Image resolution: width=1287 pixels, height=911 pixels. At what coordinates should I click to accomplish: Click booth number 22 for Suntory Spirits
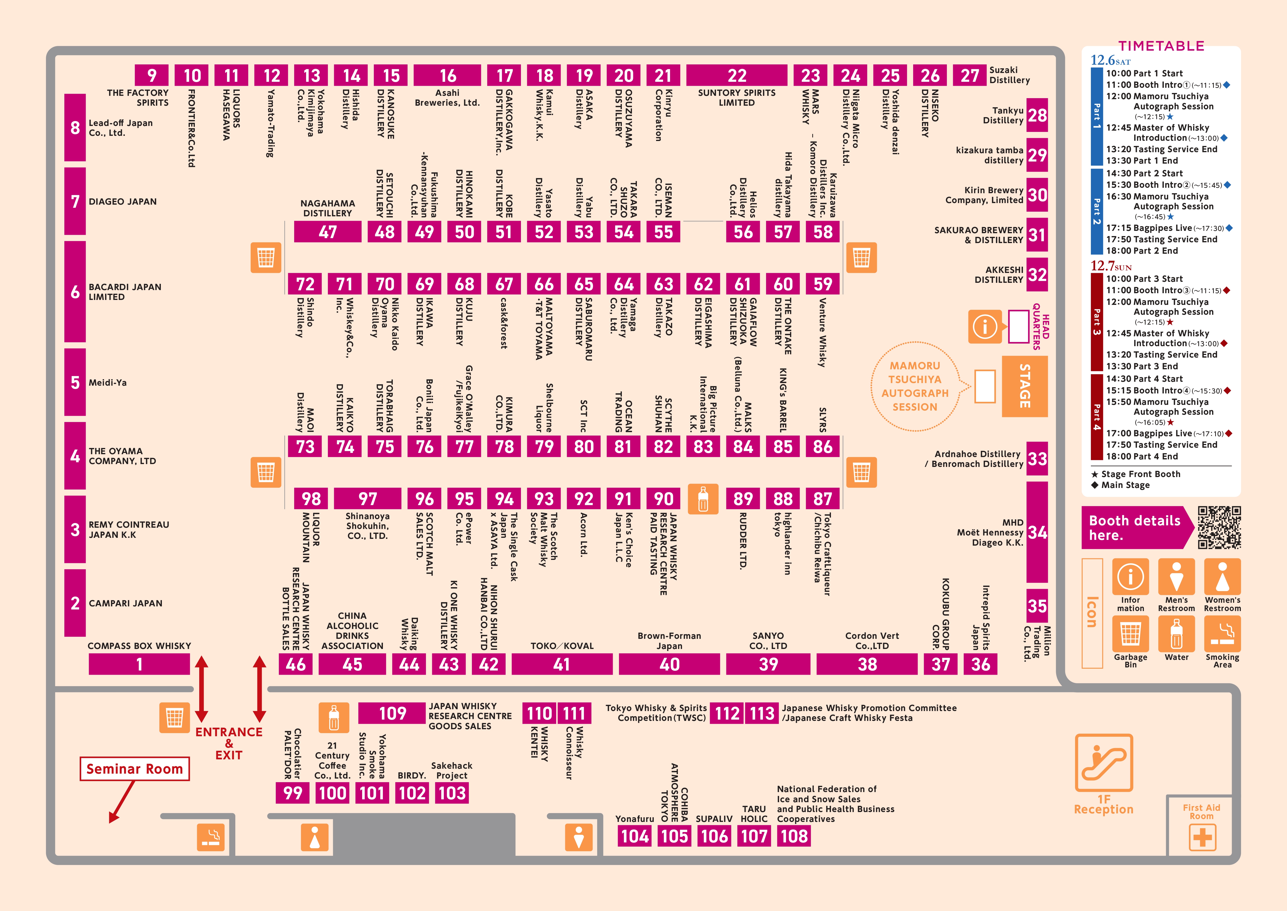point(737,75)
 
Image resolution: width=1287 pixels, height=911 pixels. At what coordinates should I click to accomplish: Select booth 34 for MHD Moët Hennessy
point(1037,532)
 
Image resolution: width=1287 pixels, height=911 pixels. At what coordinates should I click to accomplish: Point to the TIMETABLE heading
point(1161,46)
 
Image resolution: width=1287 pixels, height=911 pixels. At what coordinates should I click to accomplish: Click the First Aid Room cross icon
point(1202,838)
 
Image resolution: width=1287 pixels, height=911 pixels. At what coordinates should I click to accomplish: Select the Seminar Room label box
point(135,768)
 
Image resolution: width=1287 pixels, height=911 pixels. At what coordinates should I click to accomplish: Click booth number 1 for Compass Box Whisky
point(139,664)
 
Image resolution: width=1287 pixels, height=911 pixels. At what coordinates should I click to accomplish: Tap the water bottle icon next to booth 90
point(703,499)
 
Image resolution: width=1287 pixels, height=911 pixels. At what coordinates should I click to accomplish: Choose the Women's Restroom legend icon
point(1223,577)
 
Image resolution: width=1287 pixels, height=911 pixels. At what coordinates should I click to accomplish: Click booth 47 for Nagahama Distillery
point(327,232)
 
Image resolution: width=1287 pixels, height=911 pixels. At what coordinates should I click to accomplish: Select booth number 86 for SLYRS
point(822,446)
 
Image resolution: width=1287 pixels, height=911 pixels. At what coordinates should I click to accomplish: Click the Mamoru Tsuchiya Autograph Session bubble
point(915,386)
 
